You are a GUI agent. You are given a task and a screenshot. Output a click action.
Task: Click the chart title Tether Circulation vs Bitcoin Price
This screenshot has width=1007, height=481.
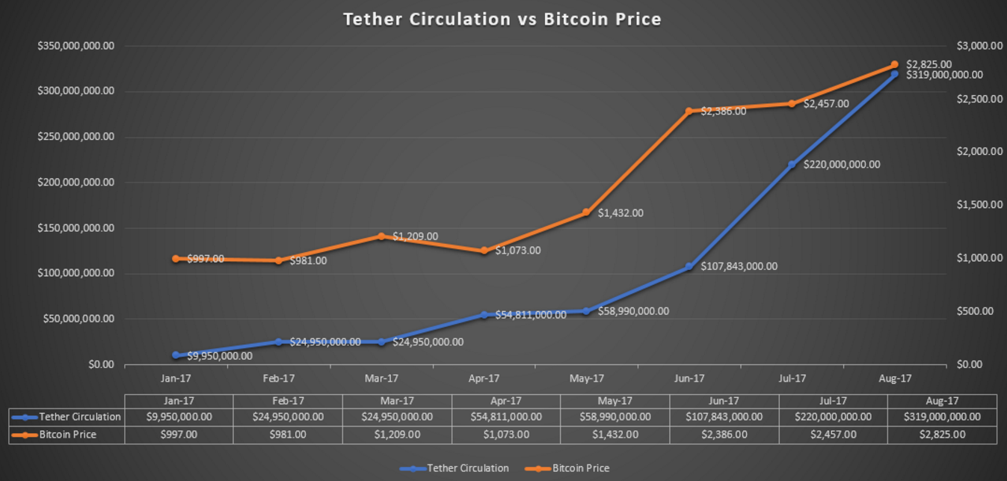pyautogui.click(x=502, y=19)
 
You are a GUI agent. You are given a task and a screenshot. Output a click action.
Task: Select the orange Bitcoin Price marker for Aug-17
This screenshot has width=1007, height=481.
pyautogui.click(x=894, y=65)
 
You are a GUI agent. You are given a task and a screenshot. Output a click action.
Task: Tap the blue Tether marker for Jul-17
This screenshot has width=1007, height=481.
pyautogui.click(x=792, y=165)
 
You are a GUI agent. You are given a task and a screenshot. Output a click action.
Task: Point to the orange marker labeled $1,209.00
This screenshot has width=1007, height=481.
pyautogui.click(x=381, y=236)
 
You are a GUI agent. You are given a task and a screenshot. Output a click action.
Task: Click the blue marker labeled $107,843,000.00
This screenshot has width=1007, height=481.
pyautogui.click(x=689, y=266)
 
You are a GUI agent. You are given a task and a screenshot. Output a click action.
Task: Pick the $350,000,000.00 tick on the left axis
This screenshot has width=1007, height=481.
pyautogui.click(x=76, y=46)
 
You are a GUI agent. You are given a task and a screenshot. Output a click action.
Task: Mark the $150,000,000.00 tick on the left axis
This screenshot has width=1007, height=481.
pyautogui.click(x=76, y=228)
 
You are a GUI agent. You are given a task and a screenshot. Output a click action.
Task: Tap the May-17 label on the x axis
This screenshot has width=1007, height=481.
pyautogui.click(x=586, y=379)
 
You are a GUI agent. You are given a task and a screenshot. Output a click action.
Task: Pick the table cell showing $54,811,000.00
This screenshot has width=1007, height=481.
pyautogui.click(x=506, y=417)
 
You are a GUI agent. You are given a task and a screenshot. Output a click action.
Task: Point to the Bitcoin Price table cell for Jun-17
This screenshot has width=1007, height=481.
pyautogui.click(x=724, y=434)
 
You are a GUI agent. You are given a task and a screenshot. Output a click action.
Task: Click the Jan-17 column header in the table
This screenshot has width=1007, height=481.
pyautogui.click(x=179, y=401)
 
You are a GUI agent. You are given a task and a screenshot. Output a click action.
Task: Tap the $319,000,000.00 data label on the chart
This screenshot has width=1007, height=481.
pyautogui.click(x=944, y=75)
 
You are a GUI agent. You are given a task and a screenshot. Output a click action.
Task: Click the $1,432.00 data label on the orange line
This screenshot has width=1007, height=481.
pyautogui.click(x=620, y=213)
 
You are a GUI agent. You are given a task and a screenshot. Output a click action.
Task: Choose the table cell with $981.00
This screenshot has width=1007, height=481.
pyautogui.click(x=288, y=434)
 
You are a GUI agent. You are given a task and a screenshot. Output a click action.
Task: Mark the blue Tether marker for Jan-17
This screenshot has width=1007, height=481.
pyautogui.click(x=176, y=355)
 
